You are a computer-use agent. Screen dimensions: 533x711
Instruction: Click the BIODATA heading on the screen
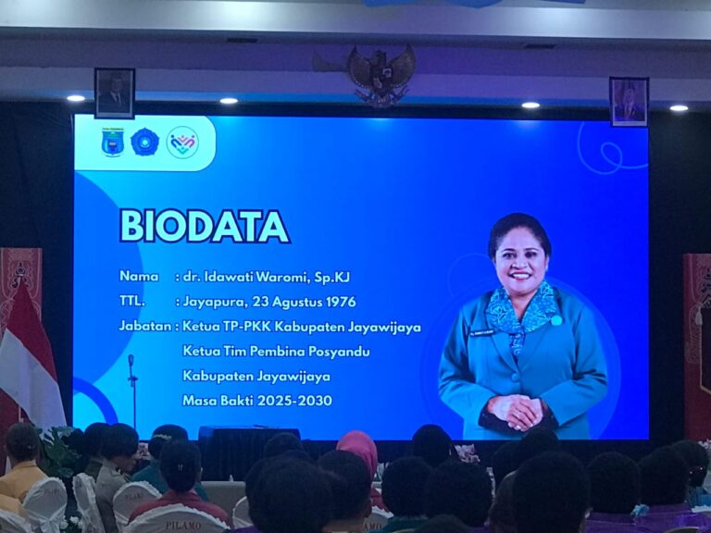coord(204,226)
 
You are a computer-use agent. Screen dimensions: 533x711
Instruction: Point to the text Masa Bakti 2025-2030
coord(256,401)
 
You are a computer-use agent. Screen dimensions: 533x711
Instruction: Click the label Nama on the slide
coord(138,276)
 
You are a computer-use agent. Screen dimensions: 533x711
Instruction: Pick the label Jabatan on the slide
coord(144,327)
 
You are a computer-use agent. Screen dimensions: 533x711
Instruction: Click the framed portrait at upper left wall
coord(114,93)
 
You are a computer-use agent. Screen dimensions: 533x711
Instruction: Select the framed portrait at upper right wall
coord(629,101)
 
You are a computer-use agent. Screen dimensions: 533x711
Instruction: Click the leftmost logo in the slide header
coord(113,143)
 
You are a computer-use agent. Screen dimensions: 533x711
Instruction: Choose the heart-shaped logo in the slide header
coord(181,143)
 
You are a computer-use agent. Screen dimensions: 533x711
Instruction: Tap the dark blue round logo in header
coord(144,143)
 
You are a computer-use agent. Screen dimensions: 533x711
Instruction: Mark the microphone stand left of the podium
coord(132,389)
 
